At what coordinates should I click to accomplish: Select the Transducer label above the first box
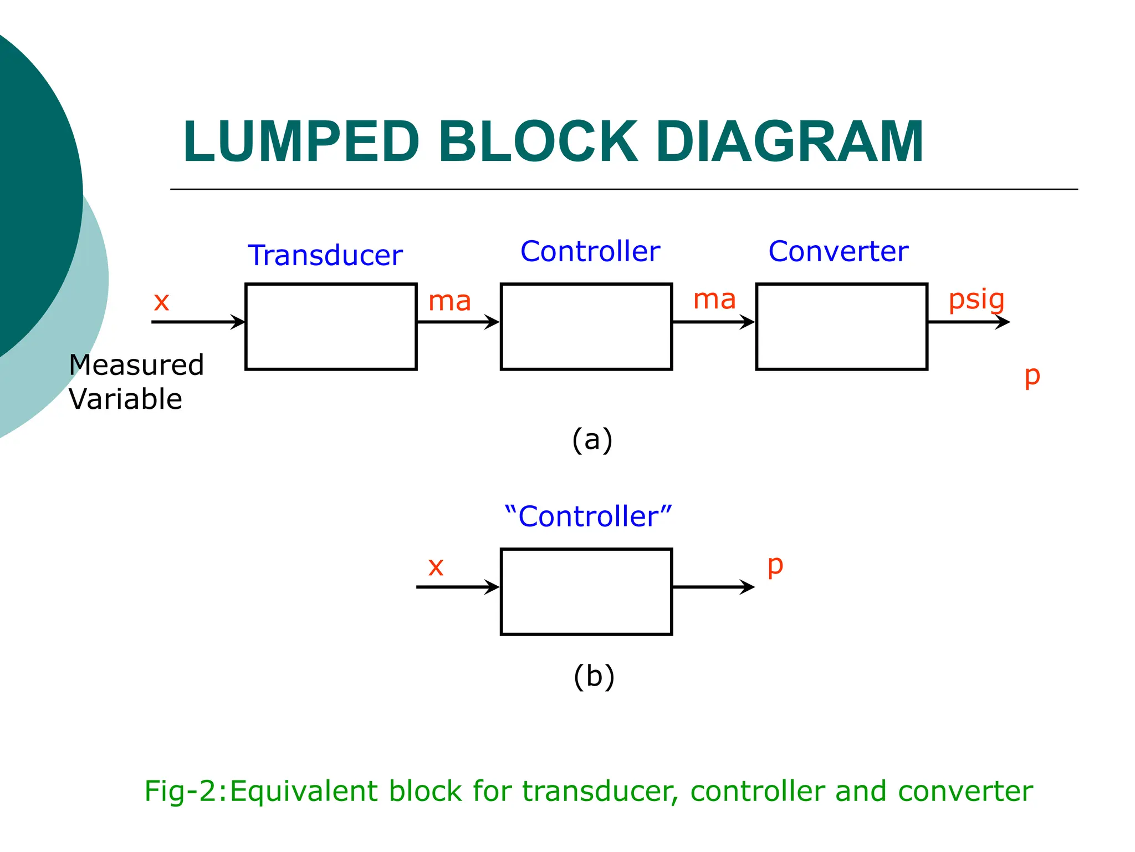pos(325,255)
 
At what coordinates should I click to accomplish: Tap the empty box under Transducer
pos(331,327)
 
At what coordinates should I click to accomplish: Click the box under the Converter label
pos(841,327)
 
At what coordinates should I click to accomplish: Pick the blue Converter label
pos(838,251)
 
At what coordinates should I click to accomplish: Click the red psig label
pos(976,300)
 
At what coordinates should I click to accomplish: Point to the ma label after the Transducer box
pos(449,301)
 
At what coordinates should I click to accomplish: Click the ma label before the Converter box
pos(714,300)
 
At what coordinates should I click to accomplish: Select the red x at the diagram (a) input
pos(161,302)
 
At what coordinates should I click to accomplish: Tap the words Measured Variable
pos(136,382)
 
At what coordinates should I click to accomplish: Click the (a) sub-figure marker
pos(592,440)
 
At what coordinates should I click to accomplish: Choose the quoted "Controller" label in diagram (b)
pos(587,516)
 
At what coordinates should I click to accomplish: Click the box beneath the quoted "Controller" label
pos(586,591)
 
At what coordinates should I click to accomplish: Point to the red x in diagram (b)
pos(436,567)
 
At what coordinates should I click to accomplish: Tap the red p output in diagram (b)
pos(775,566)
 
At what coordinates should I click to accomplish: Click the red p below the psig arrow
pos(1032,377)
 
